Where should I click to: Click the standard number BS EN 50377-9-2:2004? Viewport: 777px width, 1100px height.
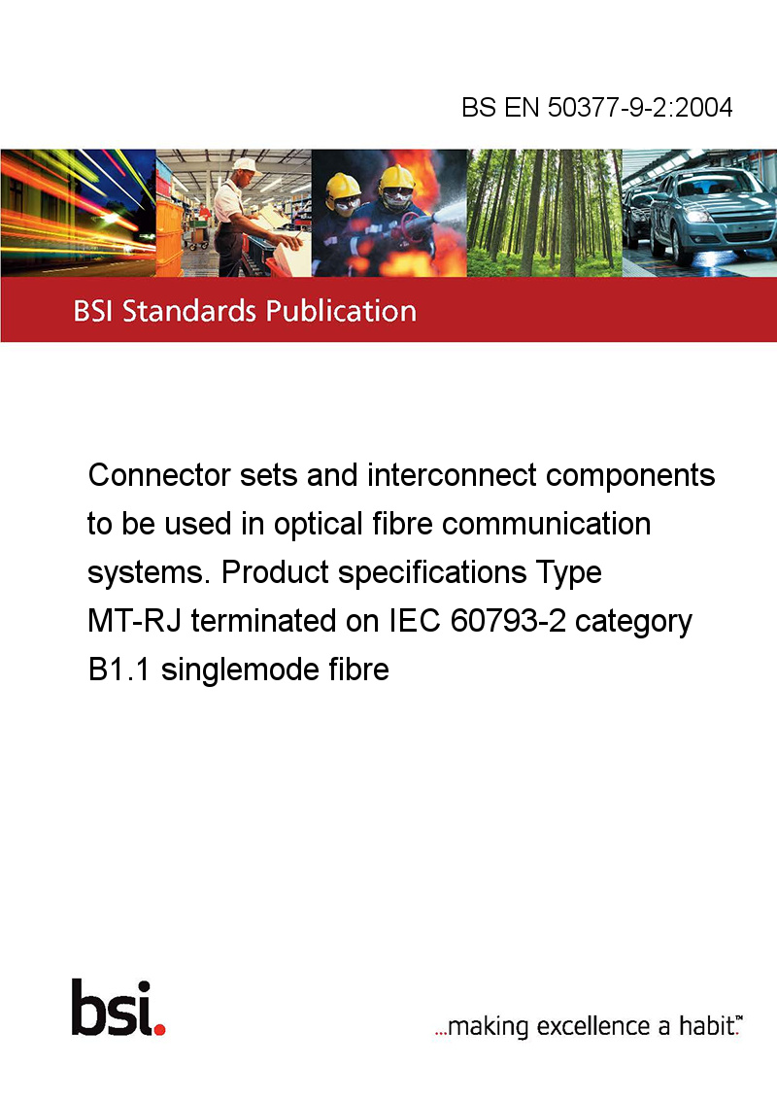tap(596, 107)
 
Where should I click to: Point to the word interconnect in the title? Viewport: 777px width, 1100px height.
tap(452, 475)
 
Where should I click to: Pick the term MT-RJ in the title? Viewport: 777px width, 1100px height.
tap(134, 621)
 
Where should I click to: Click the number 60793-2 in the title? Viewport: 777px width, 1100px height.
tap(508, 621)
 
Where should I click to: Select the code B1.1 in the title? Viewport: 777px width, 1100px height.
tap(118, 670)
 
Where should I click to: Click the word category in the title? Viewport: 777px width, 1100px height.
tap(633, 622)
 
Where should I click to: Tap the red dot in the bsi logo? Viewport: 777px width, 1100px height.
tap(159, 1029)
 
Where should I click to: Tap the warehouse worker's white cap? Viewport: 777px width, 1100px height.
tap(246, 165)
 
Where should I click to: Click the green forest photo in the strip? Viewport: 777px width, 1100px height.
tap(544, 213)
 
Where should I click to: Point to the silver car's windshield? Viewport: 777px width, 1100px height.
tap(708, 184)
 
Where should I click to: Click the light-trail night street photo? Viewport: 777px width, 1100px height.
tap(78, 213)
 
